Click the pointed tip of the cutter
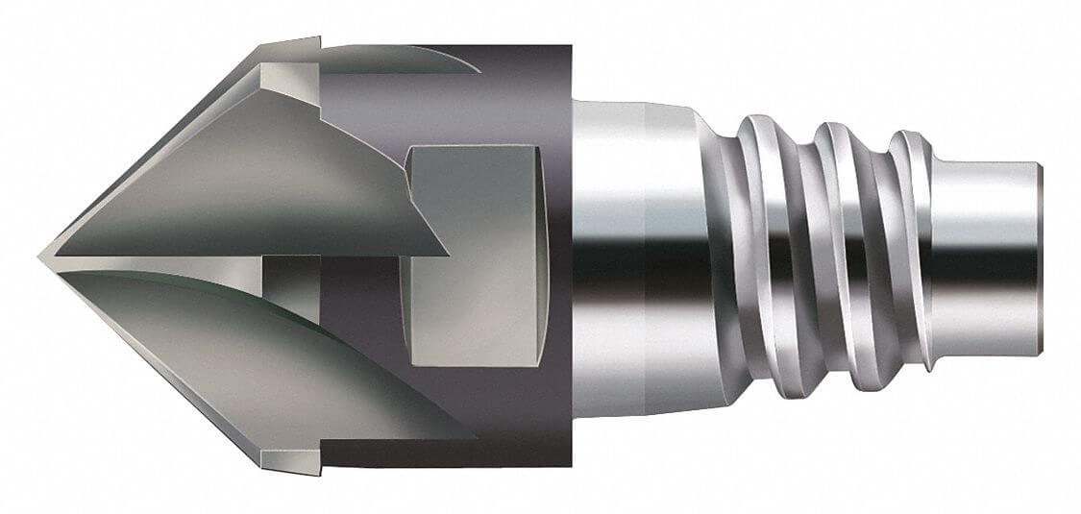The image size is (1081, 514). tap(43, 257)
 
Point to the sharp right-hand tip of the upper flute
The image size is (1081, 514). tap(444, 255)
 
